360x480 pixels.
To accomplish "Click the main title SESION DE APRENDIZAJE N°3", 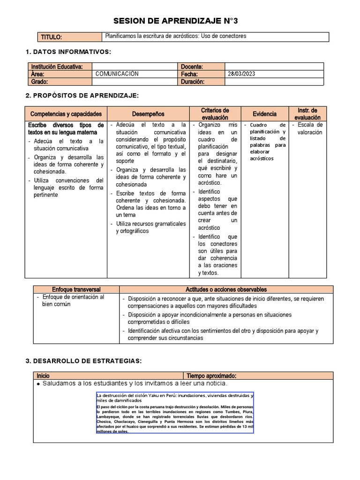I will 180,21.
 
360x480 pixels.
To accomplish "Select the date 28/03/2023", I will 242,74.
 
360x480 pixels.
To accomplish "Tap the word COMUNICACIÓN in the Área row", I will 117,74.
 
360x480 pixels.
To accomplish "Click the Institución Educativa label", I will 57,67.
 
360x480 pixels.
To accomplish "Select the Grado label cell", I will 40,82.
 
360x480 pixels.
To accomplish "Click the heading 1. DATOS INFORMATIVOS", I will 68,52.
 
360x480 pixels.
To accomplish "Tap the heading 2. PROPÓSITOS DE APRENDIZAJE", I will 82,96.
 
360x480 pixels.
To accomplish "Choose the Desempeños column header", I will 148,114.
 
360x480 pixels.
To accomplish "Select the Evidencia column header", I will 264,114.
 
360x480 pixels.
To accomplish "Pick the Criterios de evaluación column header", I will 215,114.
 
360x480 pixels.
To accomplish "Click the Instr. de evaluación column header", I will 307,114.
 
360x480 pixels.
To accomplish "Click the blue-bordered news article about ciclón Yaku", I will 174,412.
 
